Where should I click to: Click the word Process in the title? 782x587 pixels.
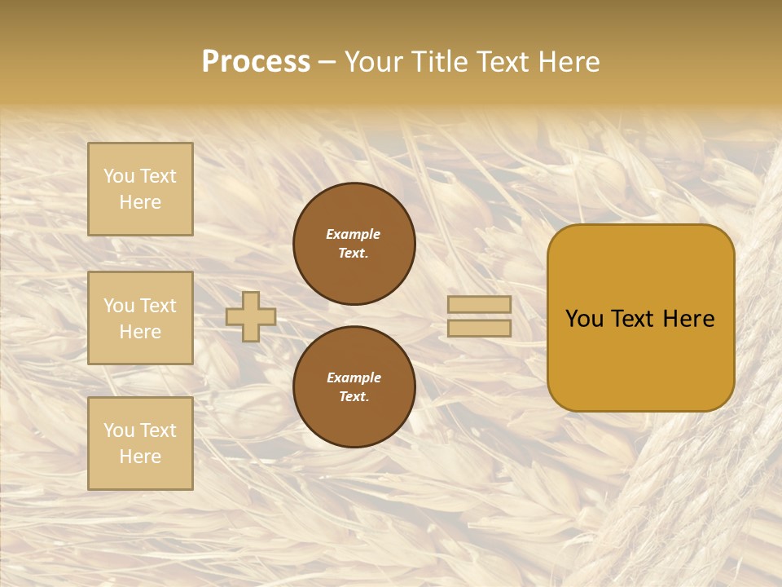[256, 62]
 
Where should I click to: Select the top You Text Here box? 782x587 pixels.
[140, 189]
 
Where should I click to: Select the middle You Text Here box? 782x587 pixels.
[140, 318]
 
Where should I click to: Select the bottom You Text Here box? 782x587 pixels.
[140, 444]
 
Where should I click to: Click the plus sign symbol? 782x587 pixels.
[251, 316]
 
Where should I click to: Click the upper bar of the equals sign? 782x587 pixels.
[479, 304]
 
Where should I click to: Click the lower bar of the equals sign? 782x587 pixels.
[479, 328]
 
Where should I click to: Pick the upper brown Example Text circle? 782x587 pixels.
[354, 244]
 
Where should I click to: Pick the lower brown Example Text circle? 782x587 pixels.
[354, 387]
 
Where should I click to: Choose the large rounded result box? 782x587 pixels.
[640, 318]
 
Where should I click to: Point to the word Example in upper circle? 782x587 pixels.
[354, 234]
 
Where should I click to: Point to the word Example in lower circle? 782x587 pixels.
[354, 377]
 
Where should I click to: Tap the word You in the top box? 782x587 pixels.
[119, 176]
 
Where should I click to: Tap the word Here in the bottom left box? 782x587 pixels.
[140, 457]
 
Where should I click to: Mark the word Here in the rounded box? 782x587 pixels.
[688, 319]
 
